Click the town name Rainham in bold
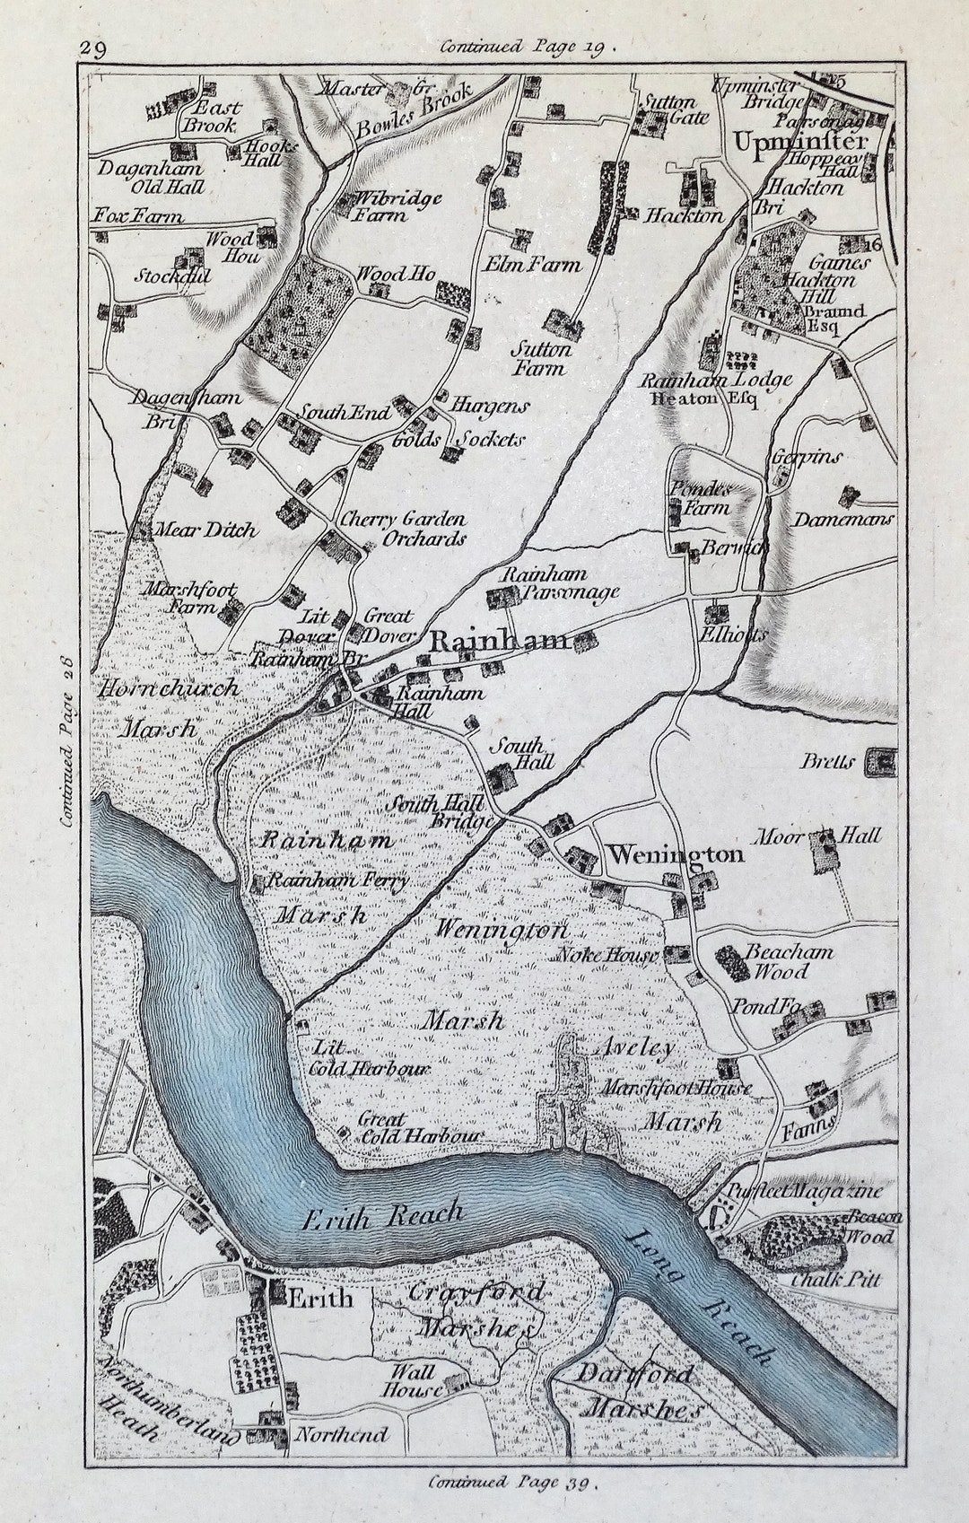click(499, 641)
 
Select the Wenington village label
click(676, 854)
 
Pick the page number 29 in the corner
click(93, 48)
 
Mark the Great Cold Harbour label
click(408, 1127)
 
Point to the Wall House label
click(414, 1380)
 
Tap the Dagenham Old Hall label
click(153, 177)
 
